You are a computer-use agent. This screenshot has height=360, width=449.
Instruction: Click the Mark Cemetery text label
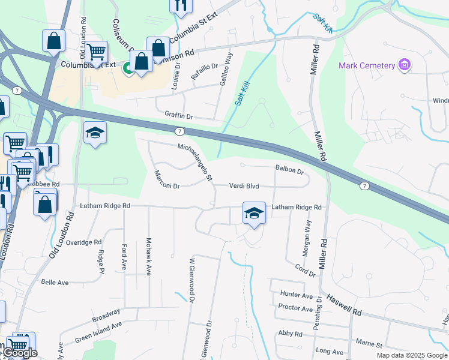(366, 65)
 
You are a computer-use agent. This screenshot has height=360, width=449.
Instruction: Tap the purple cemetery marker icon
(405, 65)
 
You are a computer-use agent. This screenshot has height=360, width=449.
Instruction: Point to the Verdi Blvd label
(244, 186)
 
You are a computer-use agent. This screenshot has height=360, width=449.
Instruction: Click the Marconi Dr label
(167, 179)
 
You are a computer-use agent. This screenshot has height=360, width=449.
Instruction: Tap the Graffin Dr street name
(178, 114)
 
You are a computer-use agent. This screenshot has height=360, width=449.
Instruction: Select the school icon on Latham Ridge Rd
(254, 212)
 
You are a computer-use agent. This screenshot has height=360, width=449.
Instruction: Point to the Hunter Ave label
(297, 295)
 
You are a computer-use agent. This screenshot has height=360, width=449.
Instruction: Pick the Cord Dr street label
(305, 271)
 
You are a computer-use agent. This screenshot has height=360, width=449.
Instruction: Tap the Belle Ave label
(55, 281)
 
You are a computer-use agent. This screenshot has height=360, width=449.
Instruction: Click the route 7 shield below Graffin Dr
(179, 131)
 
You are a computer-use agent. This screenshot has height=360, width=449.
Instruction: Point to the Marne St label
(370, 345)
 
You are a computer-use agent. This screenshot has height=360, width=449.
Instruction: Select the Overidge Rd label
(84, 242)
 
